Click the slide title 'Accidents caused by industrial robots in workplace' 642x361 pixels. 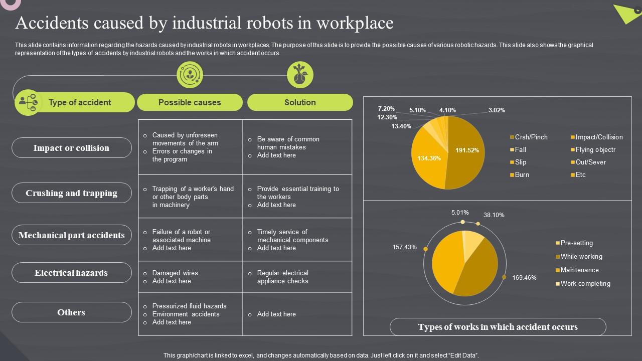tap(205, 23)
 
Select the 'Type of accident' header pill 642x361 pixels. tap(79, 102)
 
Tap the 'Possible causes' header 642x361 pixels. tap(190, 102)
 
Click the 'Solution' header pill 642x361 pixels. tap(300, 102)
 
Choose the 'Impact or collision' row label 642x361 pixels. tap(71, 148)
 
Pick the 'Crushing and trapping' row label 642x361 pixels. tap(71, 193)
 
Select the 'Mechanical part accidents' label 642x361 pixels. tap(71, 235)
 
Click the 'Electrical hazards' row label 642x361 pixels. tap(71, 273)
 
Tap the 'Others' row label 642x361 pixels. tap(71, 312)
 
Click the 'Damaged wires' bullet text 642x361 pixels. tap(175, 273)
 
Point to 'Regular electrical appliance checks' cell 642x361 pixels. tap(282, 277)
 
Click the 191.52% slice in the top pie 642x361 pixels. tap(467, 150)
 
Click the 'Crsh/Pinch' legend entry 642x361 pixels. tap(531, 137)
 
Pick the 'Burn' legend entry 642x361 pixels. tap(522, 175)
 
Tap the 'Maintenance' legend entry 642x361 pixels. tap(579, 270)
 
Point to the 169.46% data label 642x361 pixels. tap(524, 278)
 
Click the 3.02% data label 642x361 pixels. tap(497, 110)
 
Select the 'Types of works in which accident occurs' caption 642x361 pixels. tap(498, 327)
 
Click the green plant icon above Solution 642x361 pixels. tap(300, 75)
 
